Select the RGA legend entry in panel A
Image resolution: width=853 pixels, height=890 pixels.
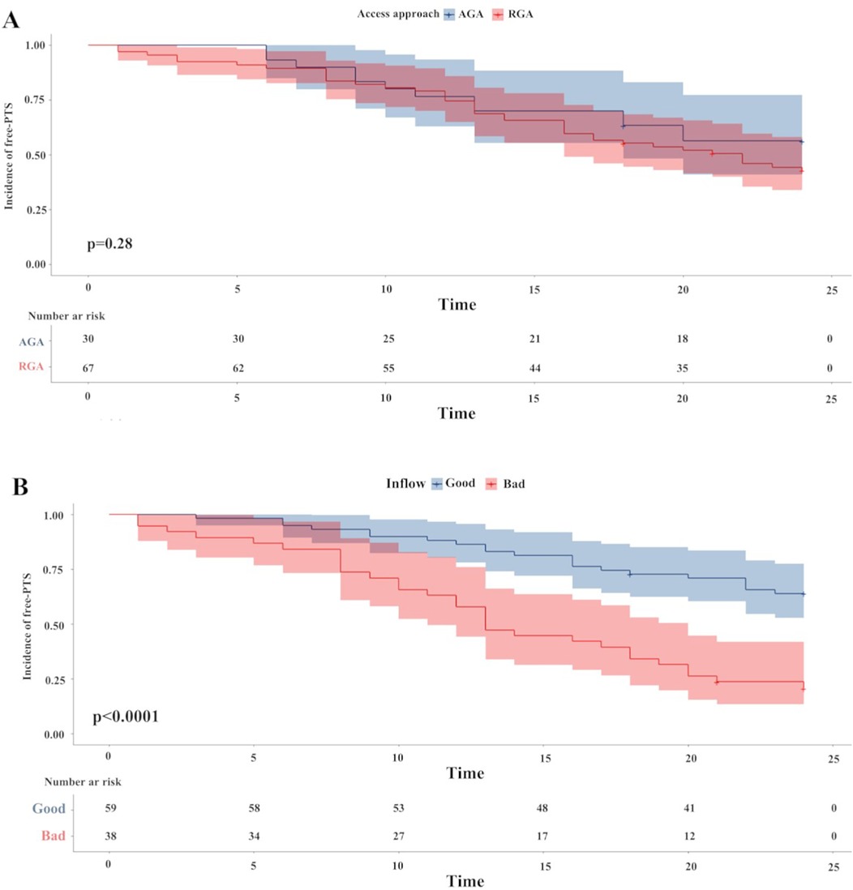(x=519, y=14)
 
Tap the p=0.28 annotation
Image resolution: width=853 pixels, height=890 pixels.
(x=104, y=242)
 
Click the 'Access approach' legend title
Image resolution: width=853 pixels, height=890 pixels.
(x=398, y=14)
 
